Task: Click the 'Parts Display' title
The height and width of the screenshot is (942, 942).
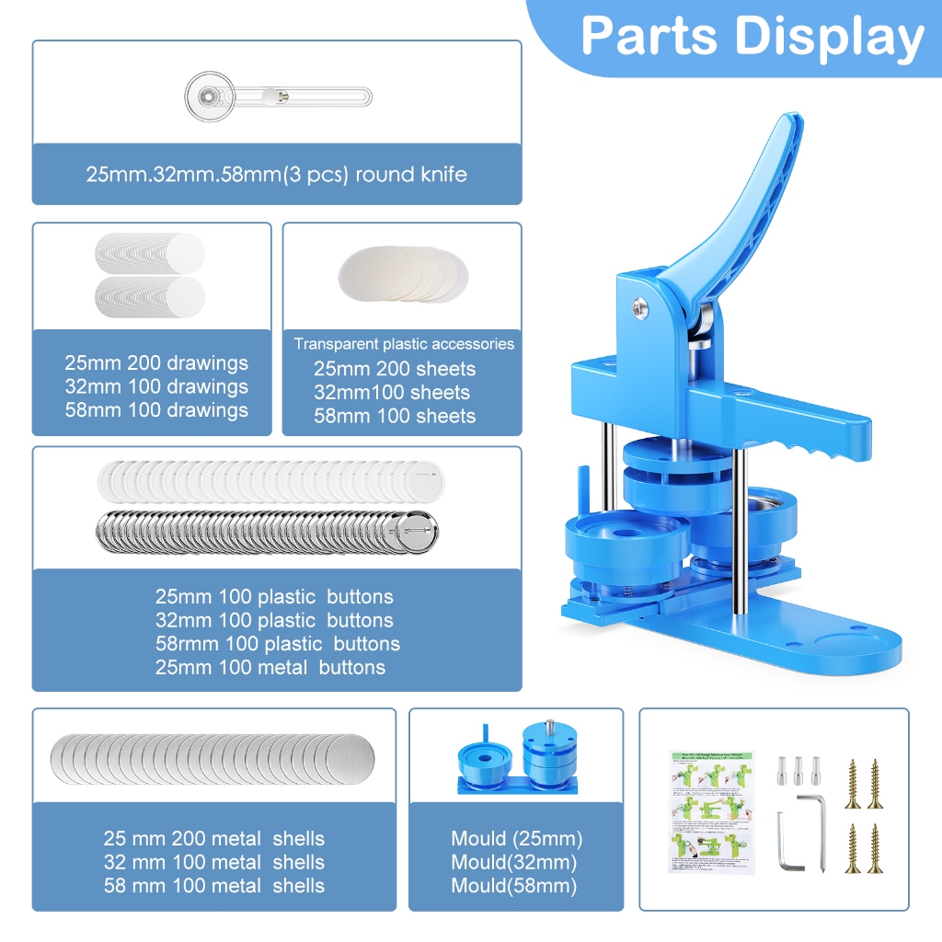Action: coord(752,37)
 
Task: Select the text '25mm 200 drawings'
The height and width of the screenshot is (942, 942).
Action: coord(156,362)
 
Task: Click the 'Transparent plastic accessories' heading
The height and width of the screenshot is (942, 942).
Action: coord(404,343)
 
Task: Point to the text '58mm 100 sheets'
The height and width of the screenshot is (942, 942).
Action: coord(395,416)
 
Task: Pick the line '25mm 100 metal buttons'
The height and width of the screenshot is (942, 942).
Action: coord(270,667)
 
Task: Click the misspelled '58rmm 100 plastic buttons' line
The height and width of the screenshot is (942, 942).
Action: coord(278,643)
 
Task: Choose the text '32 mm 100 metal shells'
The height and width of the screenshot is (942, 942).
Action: coord(214,862)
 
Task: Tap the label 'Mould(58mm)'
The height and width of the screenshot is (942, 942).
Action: coord(514,886)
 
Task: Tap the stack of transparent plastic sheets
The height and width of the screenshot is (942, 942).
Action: coord(404,273)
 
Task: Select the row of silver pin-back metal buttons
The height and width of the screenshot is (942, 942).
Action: coord(267,532)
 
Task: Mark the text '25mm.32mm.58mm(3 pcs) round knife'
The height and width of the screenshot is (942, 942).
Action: coord(277,174)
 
